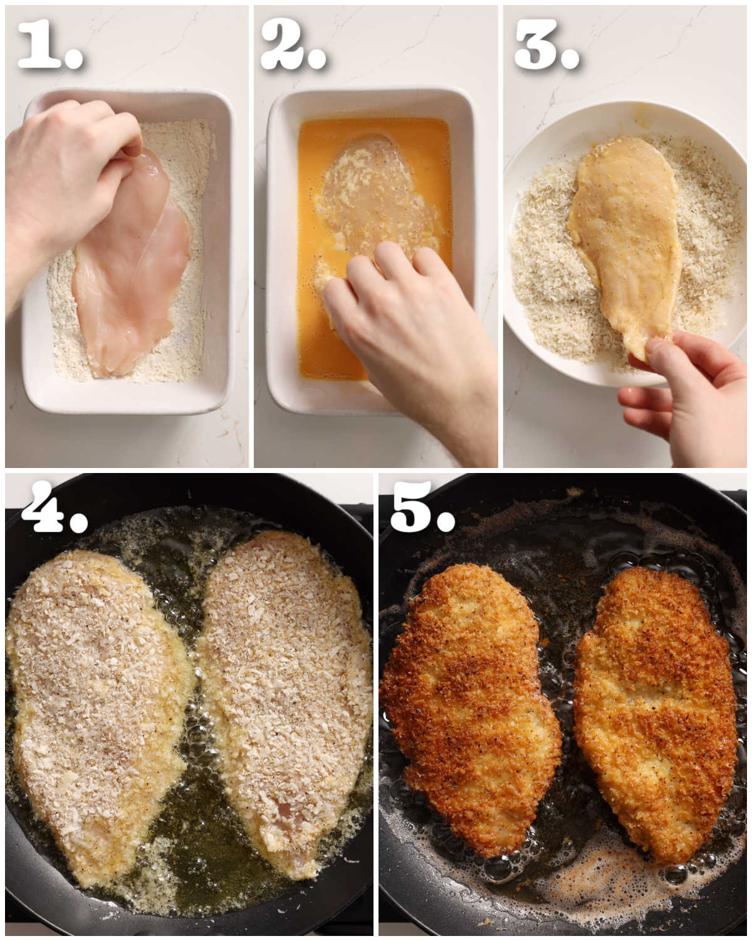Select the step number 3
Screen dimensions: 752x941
click(536, 43)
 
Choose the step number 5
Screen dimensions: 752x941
click(410, 507)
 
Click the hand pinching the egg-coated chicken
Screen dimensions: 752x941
click(686, 393)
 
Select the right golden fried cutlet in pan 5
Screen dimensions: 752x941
click(655, 717)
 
